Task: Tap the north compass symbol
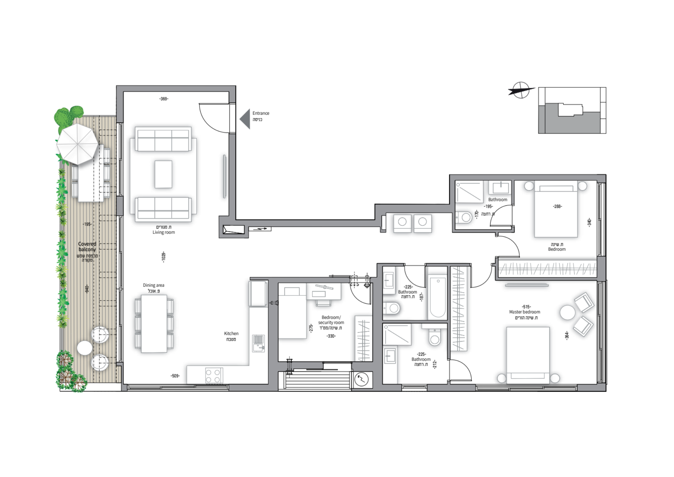pos(521,90)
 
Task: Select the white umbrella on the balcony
pos(78,144)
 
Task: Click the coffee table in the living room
pos(163,174)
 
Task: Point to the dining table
pos(154,324)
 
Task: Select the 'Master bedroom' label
pos(525,312)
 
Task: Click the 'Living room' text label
pos(164,232)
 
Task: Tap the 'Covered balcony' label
pos(87,247)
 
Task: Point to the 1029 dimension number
pos(164,257)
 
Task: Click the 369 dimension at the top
pos(164,99)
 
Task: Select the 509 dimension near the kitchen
pos(175,376)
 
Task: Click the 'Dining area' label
pos(154,285)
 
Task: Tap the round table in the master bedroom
pos(568,312)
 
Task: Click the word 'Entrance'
pos(261,113)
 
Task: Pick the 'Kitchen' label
pos(231,334)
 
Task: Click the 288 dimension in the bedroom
pos(557,206)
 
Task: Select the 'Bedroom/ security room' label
pos(331,320)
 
